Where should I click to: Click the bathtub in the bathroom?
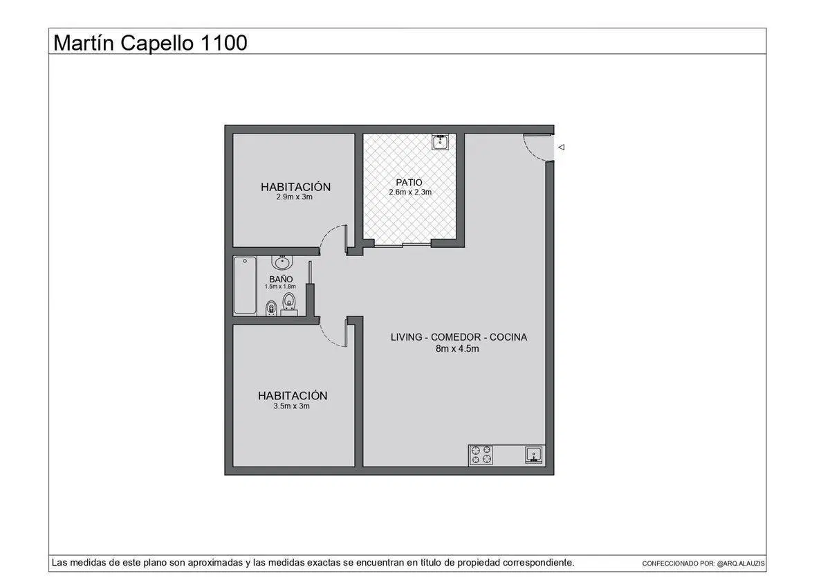245,285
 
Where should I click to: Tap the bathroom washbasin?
282,262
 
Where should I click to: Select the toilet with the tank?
289,305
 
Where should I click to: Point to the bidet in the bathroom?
271,308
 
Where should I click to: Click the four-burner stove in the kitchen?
481,455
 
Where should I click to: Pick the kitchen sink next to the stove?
533,455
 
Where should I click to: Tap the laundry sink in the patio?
440,142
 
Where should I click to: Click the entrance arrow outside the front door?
562,147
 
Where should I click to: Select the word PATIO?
409,183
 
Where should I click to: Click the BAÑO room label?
281,279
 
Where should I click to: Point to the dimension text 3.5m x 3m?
292,406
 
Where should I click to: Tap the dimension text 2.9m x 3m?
294,197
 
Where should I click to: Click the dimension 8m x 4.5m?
457,349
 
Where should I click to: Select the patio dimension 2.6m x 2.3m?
410,192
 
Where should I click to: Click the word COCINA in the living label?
508,337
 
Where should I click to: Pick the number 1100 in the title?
223,43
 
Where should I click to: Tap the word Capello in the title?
157,43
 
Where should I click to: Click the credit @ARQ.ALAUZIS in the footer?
741,563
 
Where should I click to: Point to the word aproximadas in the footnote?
215,563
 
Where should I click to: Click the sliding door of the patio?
403,244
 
